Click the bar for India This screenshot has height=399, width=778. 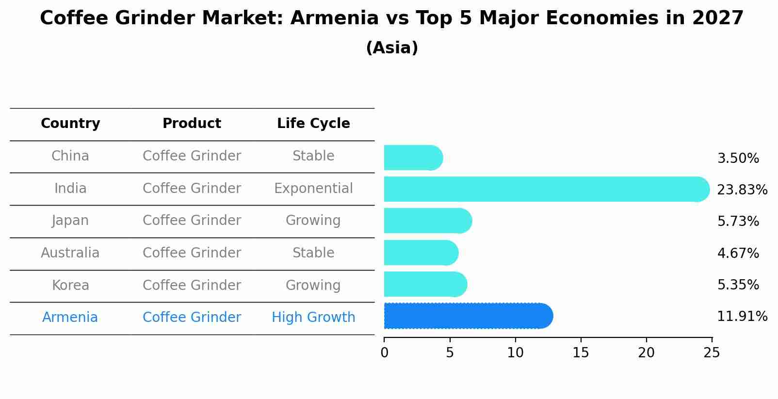coord(546,189)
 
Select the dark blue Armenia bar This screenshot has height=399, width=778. coord(468,316)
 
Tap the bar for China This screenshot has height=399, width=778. coord(413,158)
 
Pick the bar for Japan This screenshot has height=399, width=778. coord(427,221)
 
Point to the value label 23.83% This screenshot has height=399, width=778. coord(742,190)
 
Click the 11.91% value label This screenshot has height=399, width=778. coord(742,317)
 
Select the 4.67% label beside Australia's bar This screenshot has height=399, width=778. coord(738,253)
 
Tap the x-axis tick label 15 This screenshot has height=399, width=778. coord(581,353)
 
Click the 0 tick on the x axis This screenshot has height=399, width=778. coord(384,353)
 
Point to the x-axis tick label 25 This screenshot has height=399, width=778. coord(712,353)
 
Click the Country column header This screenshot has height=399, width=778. coord(70,124)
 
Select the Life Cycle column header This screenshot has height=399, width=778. coord(313,124)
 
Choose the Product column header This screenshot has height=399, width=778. coord(192,124)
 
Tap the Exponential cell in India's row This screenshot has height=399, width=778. coord(313,189)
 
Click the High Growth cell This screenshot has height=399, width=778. coord(313,318)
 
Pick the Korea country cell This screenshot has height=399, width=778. coord(70,285)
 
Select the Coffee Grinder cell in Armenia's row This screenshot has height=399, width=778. coord(192,318)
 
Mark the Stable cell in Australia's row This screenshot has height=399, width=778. coord(313,253)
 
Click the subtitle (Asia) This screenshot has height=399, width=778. coord(392,48)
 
